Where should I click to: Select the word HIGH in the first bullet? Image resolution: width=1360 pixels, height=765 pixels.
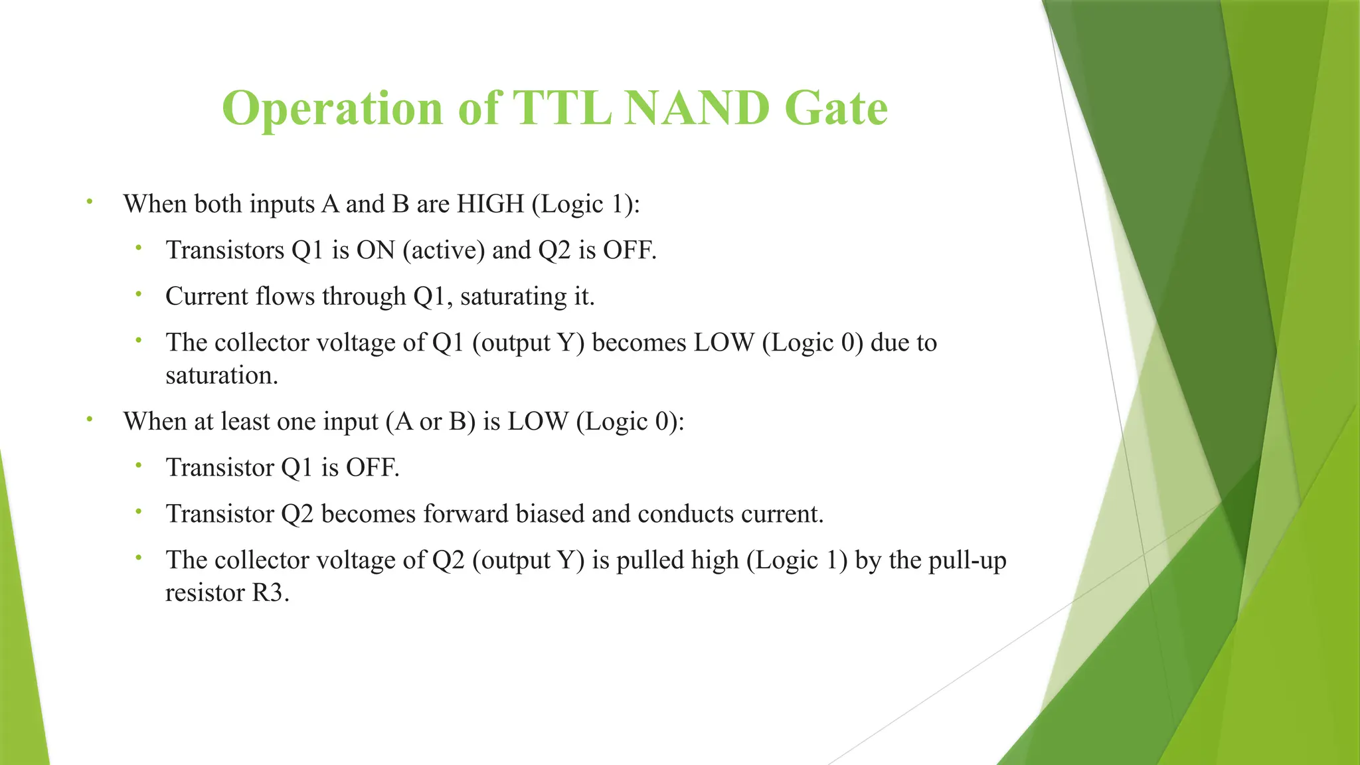coord(490,204)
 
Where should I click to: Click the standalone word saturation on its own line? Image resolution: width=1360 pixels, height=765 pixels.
coord(221,376)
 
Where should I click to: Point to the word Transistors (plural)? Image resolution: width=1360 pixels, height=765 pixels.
coord(225,250)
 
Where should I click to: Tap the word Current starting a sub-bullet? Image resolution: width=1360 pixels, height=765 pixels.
coord(207,297)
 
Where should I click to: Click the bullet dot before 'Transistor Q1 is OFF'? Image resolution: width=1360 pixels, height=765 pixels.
coord(138,466)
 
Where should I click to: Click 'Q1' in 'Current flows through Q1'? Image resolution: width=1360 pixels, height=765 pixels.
coord(432,297)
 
